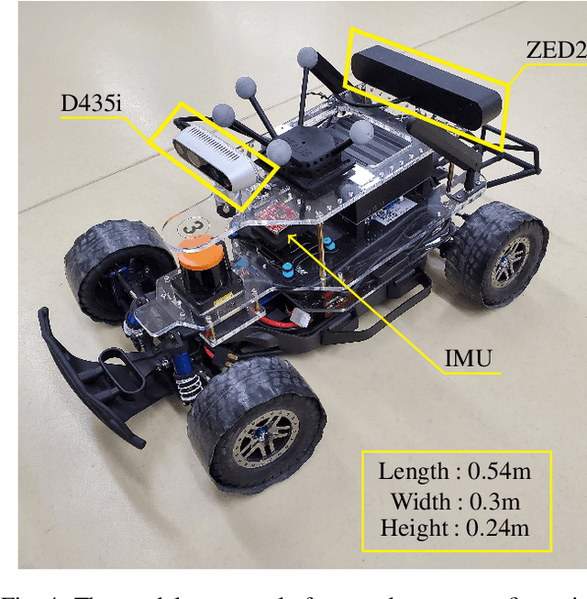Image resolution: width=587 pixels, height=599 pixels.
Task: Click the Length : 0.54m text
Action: [455, 473]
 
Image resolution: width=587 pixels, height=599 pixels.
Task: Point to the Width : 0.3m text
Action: [455, 501]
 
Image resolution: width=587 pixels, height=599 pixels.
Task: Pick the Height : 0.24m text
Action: [455, 528]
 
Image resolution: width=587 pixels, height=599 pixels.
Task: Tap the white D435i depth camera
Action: [211, 156]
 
